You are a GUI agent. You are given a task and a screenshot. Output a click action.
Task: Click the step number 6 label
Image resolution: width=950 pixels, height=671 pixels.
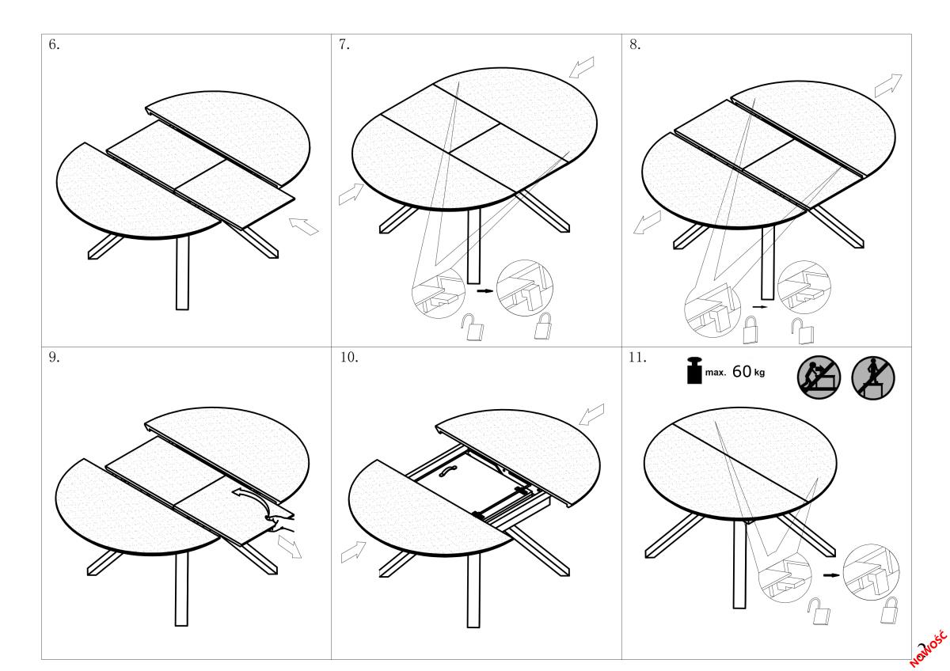point(54,44)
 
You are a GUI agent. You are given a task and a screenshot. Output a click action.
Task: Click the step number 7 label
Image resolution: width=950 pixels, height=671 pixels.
point(344,44)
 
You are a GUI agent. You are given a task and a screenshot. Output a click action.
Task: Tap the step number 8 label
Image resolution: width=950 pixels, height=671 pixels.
point(635,44)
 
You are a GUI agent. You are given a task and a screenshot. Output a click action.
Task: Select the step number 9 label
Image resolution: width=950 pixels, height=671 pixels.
point(54,358)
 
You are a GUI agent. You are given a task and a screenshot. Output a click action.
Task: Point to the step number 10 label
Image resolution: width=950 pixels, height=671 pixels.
point(349,358)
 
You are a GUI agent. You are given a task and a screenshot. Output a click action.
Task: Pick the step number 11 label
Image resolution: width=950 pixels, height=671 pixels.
point(637,358)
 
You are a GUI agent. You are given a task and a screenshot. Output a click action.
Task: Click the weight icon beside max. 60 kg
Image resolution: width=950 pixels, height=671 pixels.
point(694,370)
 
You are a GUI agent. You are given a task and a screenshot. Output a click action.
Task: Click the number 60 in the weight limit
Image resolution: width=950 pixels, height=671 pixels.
point(741,371)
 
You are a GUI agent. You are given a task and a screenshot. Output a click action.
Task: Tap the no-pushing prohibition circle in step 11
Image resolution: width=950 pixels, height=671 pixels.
point(819,377)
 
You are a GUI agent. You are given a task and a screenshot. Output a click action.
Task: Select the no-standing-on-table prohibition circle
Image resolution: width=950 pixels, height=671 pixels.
point(873,377)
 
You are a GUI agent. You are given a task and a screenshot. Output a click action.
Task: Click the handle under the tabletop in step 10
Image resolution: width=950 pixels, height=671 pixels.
point(447,471)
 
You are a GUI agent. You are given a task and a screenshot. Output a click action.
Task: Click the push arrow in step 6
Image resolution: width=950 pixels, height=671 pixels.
point(304,226)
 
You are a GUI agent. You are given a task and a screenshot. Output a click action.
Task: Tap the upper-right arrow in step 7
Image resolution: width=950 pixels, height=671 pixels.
point(581,67)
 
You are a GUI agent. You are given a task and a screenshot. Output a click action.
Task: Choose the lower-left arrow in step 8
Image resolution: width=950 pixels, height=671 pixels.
point(648,222)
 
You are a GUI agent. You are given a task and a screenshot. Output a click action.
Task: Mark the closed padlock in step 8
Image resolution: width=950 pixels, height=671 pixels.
point(751,330)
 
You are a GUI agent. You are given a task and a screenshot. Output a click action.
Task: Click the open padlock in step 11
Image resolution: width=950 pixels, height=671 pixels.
point(819,611)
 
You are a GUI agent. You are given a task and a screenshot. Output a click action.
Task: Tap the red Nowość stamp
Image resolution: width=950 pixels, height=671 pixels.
point(929,649)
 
